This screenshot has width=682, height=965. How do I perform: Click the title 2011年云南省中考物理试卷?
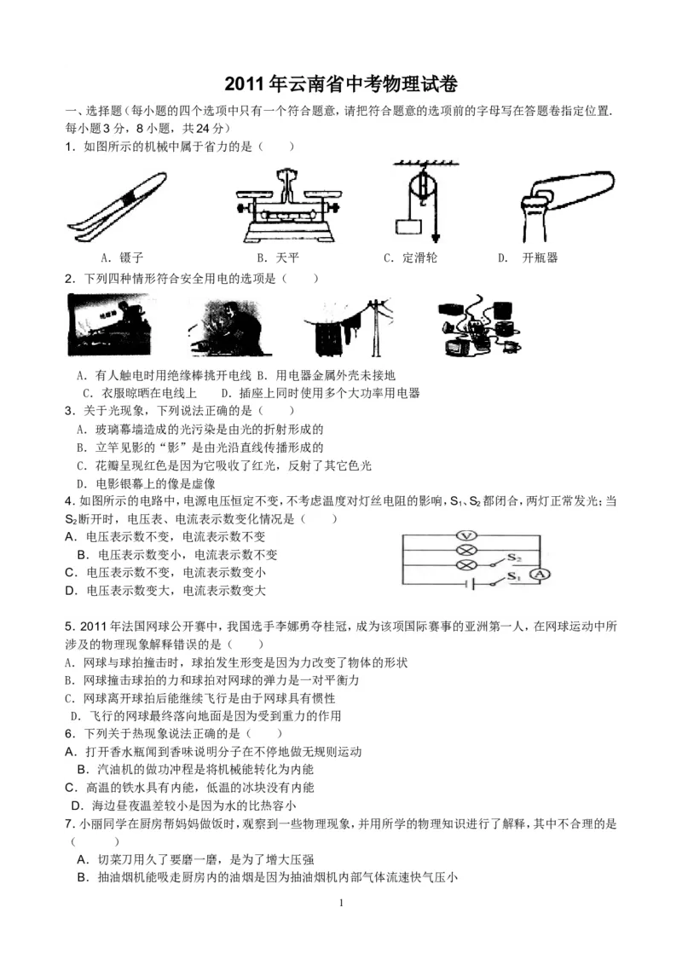(341, 84)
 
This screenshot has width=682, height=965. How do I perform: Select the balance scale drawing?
(289, 204)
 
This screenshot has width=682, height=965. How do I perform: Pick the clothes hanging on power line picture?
(348, 326)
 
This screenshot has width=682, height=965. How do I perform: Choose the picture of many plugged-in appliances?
(477, 326)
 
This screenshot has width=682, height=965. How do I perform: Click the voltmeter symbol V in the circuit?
(466, 535)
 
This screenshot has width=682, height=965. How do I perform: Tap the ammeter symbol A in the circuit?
(538, 576)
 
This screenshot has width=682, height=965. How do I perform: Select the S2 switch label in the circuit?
(515, 557)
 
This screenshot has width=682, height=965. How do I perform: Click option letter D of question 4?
(71, 590)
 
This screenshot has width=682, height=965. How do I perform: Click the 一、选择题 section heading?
(94, 112)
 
